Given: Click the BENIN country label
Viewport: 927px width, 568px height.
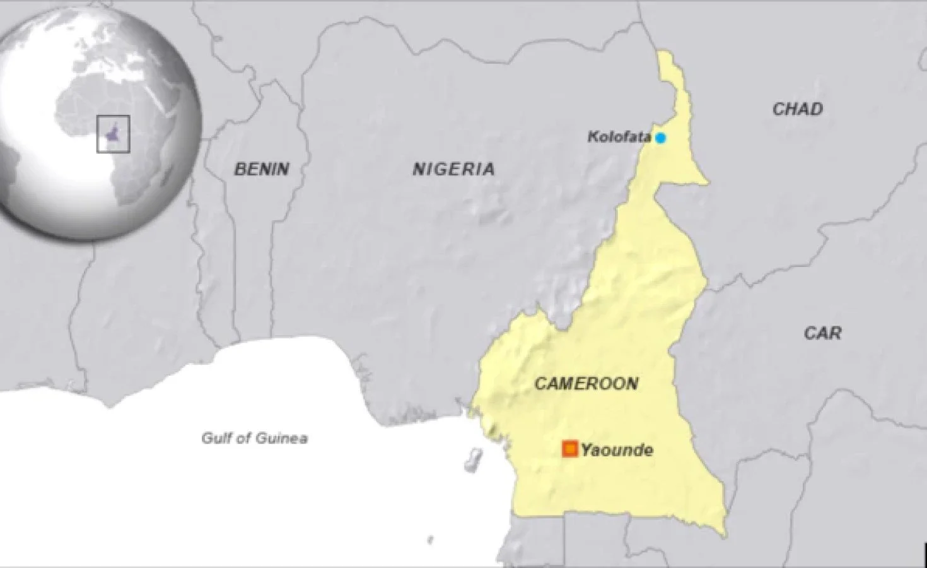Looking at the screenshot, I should pos(262,169).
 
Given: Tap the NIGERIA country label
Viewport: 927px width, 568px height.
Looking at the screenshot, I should pos(453,169).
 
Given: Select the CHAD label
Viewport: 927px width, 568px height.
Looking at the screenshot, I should pos(798,109).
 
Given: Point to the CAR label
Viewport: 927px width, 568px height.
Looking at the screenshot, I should pos(822,333).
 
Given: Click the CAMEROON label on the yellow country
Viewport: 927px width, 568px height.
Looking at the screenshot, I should pos(586,384).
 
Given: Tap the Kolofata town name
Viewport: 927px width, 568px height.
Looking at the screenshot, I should pos(619,136).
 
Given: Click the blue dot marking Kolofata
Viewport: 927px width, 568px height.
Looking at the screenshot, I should pos(660,138).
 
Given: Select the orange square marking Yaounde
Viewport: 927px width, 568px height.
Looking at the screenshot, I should pos(570,449).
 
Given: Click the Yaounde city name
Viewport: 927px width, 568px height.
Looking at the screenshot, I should pos(617,450).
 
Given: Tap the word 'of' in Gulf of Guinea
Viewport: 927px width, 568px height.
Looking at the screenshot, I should pos(243,437).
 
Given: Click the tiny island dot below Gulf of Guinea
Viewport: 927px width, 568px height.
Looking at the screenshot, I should pos(431,540).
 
